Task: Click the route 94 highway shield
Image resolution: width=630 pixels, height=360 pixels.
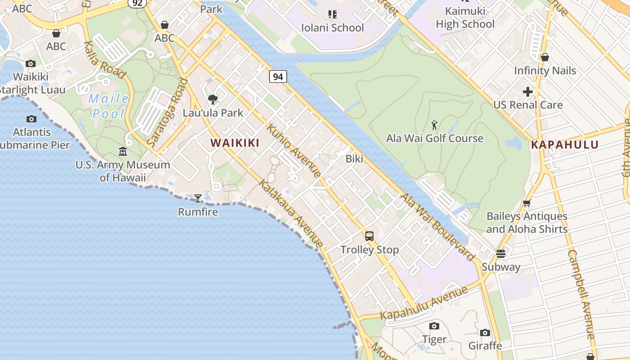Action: click(278, 76)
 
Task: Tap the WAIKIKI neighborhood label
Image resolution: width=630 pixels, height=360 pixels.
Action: click(235, 143)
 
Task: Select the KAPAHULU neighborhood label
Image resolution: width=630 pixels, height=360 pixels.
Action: click(565, 145)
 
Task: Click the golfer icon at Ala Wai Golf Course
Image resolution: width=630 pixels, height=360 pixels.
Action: click(434, 125)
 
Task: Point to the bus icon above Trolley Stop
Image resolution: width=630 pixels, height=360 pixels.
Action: click(369, 236)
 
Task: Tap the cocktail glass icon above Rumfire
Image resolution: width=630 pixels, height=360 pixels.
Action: click(198, 198)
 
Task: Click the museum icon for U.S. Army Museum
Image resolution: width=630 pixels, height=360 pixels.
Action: click(123, 151)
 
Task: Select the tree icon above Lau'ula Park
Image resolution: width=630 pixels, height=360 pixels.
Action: click(212, 99)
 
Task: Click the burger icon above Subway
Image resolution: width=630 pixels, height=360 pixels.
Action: click(501, 254)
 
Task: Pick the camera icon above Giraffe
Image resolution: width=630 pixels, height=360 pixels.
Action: click(485, 333)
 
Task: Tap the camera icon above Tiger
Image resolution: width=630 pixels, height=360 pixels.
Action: click(434, 326)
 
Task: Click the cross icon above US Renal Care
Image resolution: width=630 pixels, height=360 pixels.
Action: click(528, 92)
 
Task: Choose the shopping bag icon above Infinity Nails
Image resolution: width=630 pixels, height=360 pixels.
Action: click(544, 57)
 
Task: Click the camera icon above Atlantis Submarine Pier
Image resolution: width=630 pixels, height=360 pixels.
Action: click(31, 119)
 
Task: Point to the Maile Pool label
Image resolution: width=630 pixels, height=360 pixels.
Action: click(108, 106)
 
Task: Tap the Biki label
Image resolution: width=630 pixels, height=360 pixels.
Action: click(354, 159)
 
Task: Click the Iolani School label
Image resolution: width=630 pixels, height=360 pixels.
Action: click(333, 28)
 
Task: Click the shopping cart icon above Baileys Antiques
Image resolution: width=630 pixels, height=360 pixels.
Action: click(526, 203)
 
